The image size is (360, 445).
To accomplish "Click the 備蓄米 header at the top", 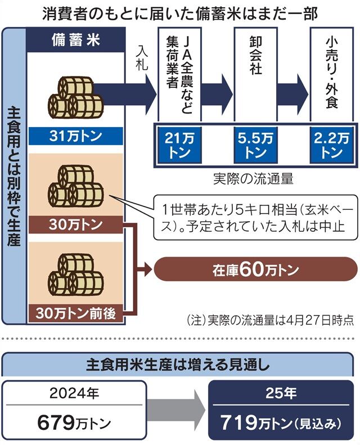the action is pyautogui.click(x=76, y=40).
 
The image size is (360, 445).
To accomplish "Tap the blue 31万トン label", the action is pyautogui.click(x=75, y=136).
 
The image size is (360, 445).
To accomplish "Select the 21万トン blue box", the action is pyautogui.click(x=179, y=145).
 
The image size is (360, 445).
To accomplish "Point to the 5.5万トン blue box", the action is pyautogui.click(x=255, y=145).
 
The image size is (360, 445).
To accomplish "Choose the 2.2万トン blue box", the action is pyautogui.click(x=331, y=145).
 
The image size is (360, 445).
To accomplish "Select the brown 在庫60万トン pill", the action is pyautogui.click(x=255, y=269).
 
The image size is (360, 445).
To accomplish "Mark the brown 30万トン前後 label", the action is pyautogui.click(x=75, y=313).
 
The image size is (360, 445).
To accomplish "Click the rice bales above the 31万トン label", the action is pyautogui.click(x=75, y=97).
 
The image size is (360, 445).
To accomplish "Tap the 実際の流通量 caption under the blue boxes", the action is pyautogui.click(x=253, y=179).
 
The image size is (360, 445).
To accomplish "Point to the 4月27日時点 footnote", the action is pyautogui.click(x=320, y=320).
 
